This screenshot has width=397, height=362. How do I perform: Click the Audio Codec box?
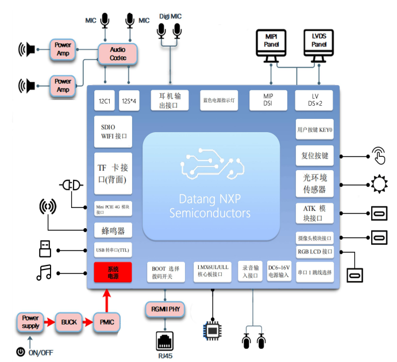pos(117,54)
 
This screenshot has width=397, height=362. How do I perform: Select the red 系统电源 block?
pos(113,272)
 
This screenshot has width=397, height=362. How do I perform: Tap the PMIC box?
pos(106,322)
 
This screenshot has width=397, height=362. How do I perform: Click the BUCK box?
pos(69,322)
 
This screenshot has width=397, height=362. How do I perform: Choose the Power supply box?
pos(30,322)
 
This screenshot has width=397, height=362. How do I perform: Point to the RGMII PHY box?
pos(165,310)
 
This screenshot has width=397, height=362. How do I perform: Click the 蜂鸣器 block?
pos(113,231)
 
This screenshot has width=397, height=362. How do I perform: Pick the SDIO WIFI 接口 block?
pos(113,132)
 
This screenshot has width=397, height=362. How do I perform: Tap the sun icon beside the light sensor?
pos(379,184)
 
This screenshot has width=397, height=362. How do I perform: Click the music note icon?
pos(44,272)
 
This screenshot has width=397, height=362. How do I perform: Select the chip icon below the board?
pos(213,332)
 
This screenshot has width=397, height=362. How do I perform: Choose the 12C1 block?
pos(105,101)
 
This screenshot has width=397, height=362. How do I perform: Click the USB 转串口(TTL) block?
pos(113,250)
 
